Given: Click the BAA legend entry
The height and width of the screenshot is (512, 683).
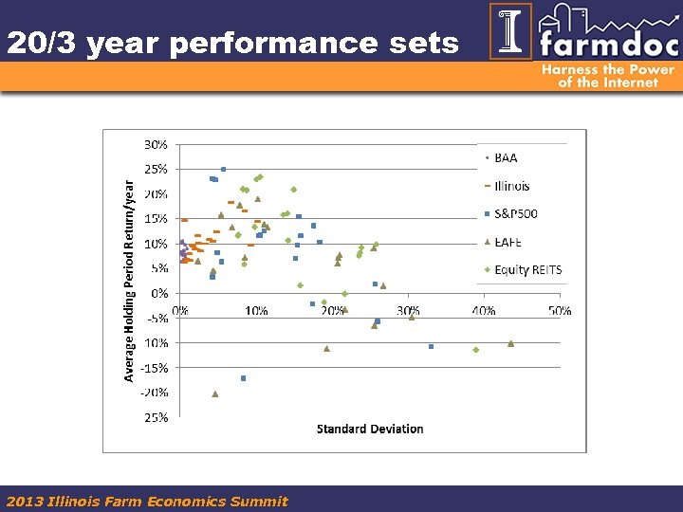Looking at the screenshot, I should point(505,158).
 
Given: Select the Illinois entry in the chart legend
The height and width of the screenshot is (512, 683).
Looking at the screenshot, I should point(510,186).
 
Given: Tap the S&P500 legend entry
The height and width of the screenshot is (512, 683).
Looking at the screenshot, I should point(514,214).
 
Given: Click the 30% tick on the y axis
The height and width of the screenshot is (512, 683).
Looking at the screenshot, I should point(157,145).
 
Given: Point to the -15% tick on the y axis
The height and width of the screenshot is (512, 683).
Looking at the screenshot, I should point(155,368).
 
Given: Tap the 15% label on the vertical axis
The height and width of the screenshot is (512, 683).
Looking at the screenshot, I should point(157,219).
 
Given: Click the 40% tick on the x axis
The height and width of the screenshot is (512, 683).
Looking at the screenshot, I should point(484,311).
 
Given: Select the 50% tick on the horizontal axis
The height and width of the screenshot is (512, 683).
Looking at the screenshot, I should point(560,311).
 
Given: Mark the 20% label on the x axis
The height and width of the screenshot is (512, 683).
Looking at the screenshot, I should point(332,311).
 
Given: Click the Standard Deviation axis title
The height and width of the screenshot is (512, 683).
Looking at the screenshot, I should point(370,430).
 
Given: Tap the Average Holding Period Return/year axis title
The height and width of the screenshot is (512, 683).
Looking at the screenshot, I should point(130,282).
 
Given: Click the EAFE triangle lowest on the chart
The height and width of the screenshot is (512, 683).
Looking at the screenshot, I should point(215,393).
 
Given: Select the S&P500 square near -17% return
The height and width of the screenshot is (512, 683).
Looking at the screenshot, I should point(243,378).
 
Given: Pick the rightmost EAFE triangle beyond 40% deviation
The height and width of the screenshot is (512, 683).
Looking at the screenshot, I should point(510,343).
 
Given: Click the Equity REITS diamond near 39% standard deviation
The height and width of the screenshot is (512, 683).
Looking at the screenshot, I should point(476,350).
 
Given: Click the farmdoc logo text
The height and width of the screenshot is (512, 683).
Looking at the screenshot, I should point(608,43).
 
